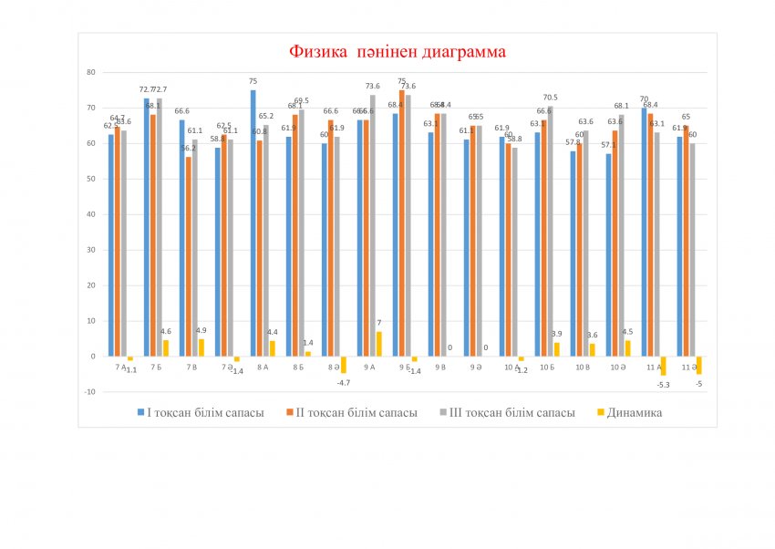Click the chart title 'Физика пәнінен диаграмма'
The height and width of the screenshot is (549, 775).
pyautogui.click(x=397, y=52)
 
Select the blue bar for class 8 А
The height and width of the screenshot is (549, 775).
pyautogui.click(x=253, y=223)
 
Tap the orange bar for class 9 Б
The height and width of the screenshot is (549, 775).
pyautogui.click(x=402, y=223)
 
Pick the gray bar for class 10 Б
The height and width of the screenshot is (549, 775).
pyautogui.click(x=551, y=232)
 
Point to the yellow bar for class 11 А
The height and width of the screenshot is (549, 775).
pyautogui.click(x=664, y=366)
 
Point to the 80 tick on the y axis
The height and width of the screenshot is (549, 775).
pyautogui.click(x=90, y=72)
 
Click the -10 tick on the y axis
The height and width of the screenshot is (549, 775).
pyautogui.click(x=89, y=392)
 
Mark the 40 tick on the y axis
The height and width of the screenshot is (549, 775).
pyautogui.click(x=90, y=214)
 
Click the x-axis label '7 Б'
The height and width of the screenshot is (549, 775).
pyautogui.click(x=157, y=367)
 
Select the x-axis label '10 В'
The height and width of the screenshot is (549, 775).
pyautogui.click(x=581, y=367)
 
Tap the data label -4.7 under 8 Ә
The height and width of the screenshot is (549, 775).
pyautogui.click(x=343, y=382)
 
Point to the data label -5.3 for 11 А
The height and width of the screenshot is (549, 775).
pyautogui.click(x=663, y=385)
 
